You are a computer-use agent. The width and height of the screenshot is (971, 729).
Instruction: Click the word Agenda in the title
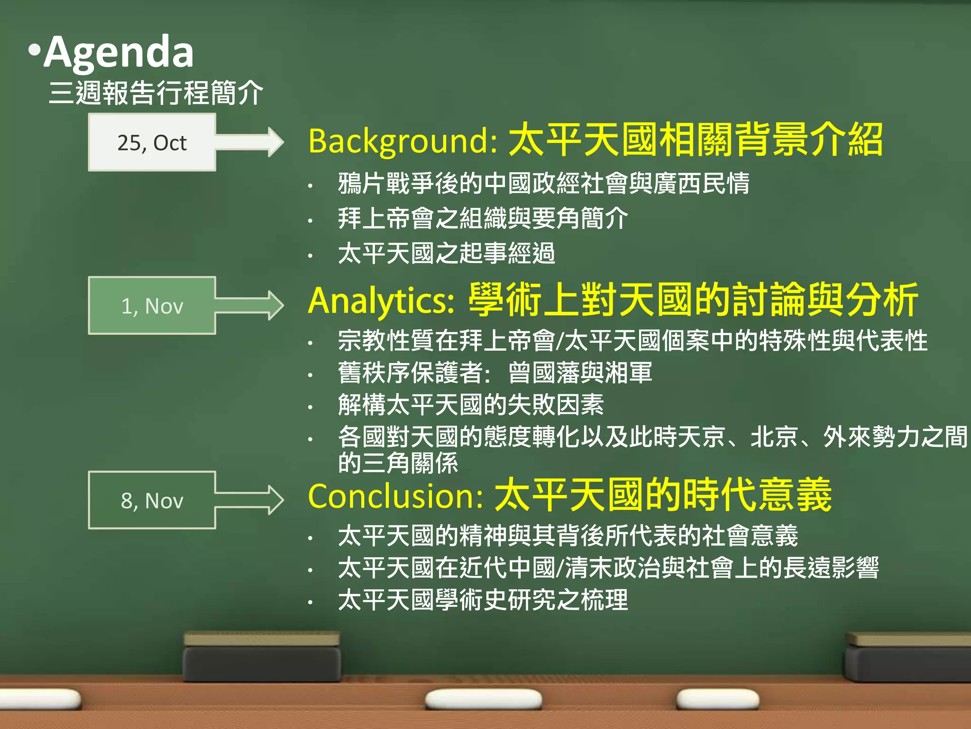pos(119,52)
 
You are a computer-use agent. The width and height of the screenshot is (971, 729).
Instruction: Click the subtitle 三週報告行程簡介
pos(156,93)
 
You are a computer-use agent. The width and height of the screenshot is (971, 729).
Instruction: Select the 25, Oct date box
pos(152,142)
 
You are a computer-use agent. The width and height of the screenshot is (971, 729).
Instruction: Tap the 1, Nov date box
pos(152,306)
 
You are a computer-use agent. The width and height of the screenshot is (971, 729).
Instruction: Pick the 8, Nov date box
pos(152,500)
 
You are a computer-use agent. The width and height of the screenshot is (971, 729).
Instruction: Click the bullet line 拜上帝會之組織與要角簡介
pos(483,218)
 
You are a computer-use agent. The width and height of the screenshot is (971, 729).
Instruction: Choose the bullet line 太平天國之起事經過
pos(446,253)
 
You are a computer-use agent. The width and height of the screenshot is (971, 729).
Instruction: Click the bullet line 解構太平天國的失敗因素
pos(471,405)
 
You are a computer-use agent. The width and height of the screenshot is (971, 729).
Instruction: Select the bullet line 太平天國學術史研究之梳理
pos(483,600)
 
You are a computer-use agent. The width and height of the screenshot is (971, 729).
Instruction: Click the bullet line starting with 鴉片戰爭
pos(543,184)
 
